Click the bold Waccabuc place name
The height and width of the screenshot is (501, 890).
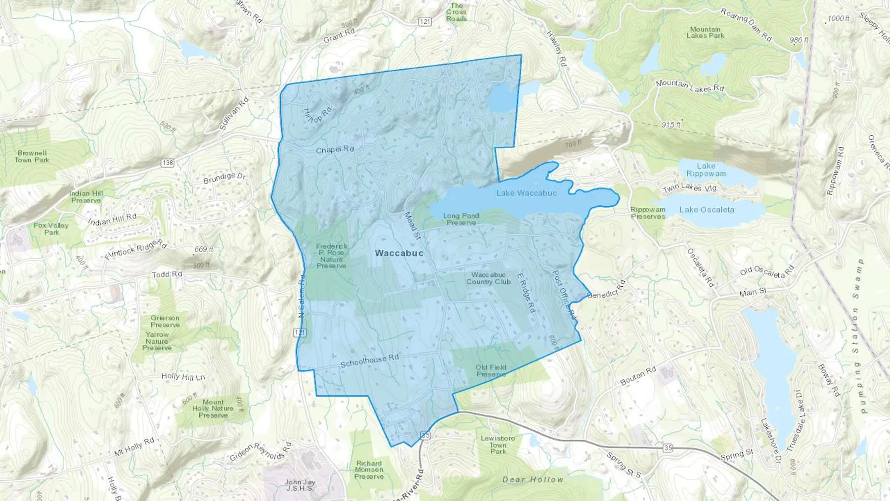click(x=399, y=253)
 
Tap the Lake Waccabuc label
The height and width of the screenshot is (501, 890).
click(x=527, y=193)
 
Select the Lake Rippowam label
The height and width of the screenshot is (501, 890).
click(x=706, y=170)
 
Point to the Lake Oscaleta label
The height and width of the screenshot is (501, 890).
click(x=707, y=210)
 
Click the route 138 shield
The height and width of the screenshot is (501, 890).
click(x=168, y=163)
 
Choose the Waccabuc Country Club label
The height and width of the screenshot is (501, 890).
click(x=489, y=278)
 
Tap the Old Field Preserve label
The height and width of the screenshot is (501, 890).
click(x=491, y=370)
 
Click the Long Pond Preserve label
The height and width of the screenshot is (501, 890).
click(x=461, y=219)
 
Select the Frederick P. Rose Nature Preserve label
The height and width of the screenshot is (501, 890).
click(x=331, y=256)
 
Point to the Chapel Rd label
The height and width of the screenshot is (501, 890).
click(x=335, y=149)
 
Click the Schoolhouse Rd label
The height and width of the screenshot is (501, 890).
click(x=369, y=361)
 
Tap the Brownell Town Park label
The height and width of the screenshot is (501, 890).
click(x=32, y=156)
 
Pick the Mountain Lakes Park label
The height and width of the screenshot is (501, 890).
click(x=705, y=33)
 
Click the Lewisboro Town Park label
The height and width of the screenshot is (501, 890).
click(x=498, y=445)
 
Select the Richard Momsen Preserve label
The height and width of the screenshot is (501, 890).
click(x=369, y=470)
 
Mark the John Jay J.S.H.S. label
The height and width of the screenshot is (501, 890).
click(x=300, y=485)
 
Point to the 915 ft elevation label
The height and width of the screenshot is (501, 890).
click(x=671, y=125)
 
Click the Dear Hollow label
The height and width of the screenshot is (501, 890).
click(x=533, y=479)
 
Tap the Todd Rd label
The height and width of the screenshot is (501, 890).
click(x=167, y=274)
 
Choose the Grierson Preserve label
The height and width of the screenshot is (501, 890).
click(x=165, y=321)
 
